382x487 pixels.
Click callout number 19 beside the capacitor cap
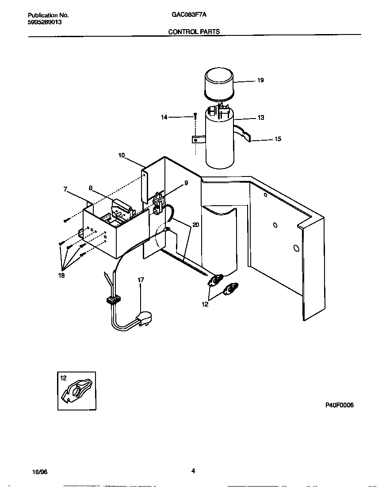tap(260, 81)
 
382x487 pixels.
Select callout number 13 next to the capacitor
tap(261, 118)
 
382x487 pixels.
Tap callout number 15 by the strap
tap(278, 139)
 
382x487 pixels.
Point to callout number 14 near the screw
tap(164, 117)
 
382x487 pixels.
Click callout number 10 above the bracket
tap(122, 155)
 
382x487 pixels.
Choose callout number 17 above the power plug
tap(141, 280)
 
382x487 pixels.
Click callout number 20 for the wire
tap(196, 225)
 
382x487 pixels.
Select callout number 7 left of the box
tap(65, 189)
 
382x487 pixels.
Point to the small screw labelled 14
tap(195, 116)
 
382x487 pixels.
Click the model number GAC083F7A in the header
tap(189, 14)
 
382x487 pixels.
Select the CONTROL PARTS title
tap(194, 32)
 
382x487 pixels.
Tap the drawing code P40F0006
tap(340, 405)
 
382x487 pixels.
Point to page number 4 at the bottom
tap(193, 471)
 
